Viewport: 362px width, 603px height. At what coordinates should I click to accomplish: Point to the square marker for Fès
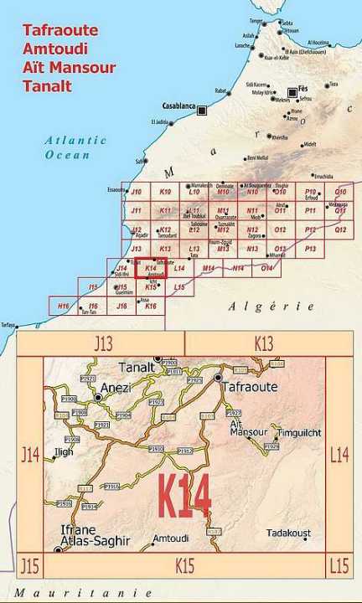coord(292,92)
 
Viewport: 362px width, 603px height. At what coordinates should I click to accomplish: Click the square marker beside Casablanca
coord(202,110)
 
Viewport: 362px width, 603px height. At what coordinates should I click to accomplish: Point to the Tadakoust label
coord(288,533)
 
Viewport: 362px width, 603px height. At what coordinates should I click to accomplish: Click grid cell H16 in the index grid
coord(64,307)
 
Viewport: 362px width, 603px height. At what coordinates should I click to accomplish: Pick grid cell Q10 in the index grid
coord(339,193)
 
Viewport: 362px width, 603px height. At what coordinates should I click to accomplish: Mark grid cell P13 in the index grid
coord(310,249)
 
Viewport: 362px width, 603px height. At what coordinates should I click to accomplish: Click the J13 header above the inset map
coord(102,343)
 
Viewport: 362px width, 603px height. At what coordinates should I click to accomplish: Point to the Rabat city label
coord(221,91)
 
